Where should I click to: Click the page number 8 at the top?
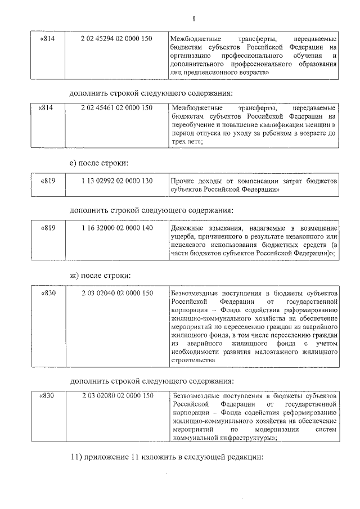[x=193, y=19]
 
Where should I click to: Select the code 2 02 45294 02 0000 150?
[x=117, y=39]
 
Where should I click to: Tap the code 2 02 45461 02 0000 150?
[x=117, y=107]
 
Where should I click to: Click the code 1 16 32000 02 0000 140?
[x=117, y=228]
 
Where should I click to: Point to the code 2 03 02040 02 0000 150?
[x=117, y=293]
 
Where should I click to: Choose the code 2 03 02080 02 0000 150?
[x=117, y=396]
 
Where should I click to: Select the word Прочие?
[x=183, y=182]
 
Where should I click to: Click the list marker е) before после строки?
[x=73, y=163]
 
